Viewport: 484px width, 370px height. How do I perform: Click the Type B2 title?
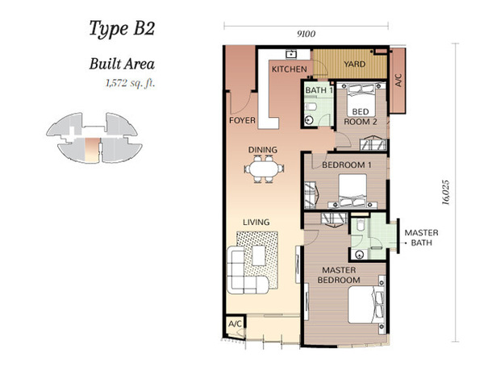tap(122, 29)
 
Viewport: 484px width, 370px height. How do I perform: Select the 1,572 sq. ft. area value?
tap(130, 83)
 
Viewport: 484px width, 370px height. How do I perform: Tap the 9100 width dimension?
tap(307, 34)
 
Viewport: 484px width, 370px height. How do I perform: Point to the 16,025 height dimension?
tap(445, 193)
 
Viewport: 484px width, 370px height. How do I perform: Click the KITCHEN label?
tap(290, 69)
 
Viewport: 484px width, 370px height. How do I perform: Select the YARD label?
tap(355, 64)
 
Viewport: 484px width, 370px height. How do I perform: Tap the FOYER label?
tap(242, 120)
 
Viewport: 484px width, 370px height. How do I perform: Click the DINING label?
tap(263, 150)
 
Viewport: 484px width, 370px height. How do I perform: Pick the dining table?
tap(264, 169)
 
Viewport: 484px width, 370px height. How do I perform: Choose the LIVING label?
tap(257, 222)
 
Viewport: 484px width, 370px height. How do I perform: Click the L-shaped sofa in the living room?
tap(247, 270)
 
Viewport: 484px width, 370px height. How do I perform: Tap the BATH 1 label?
tap(319, 90)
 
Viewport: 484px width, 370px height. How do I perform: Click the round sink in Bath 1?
tap(309, 120)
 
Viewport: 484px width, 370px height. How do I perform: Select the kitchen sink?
tap(290, 55)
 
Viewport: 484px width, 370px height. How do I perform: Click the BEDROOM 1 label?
tap(347, 165)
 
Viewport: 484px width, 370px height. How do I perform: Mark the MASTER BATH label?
tap(421, 238)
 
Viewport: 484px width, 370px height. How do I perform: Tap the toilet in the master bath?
tap(361, 225)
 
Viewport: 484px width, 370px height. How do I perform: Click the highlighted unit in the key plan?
tap(92, 150)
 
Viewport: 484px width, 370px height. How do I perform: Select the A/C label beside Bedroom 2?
tap(398, 80)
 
